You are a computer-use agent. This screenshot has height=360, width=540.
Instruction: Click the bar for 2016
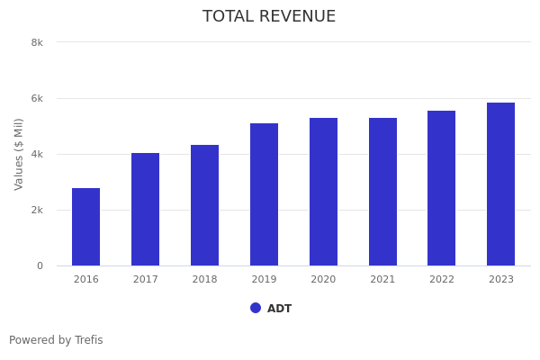click(x=86, y=227)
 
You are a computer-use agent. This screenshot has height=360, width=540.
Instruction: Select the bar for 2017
click(x=145, y=210)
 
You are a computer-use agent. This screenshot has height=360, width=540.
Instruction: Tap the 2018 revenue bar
click(x=204, y=205)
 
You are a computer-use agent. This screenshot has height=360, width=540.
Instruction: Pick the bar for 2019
click(x=264, y=194)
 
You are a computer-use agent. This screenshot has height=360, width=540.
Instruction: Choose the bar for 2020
click(x=323, y=192)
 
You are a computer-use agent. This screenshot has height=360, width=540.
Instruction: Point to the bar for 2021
click(x=382, y=192)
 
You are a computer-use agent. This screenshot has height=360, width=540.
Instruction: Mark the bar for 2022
click(x=441, y=188)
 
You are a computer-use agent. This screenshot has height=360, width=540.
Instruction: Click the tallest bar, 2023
click(x=500, y=184)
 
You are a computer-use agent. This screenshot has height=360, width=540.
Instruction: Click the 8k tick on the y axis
click(x=37, y=42)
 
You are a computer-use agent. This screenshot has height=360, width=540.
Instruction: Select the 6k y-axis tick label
click(x=37, y=98)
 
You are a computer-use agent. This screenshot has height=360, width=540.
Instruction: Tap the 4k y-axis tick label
click(x=37, y=154)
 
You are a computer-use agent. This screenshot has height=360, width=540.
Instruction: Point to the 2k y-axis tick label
click(x=37, y=210)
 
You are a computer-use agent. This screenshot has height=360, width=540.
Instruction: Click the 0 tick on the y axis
click(x=40, y=265)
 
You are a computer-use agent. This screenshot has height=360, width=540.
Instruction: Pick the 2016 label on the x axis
click(x=86, y=279)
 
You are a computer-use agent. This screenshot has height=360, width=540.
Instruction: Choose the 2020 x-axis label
click(x=323, y=279)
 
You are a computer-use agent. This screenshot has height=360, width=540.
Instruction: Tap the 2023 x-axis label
click(x=500, y=279)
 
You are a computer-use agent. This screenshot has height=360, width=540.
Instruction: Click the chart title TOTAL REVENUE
click(x=269, y=17)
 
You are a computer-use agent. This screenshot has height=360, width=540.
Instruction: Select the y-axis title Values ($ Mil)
click(x=19, y=154)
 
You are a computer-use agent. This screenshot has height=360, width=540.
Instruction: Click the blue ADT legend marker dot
click(x=256, y=308)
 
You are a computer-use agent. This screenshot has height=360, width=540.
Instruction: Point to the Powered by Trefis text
click(x=56, y=340)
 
